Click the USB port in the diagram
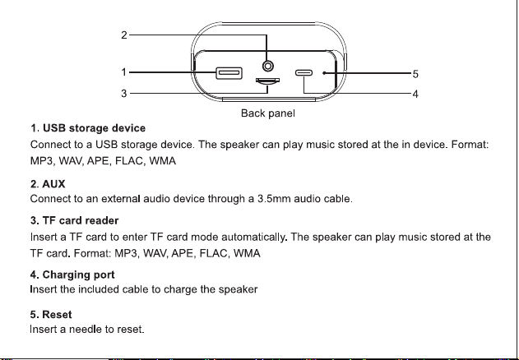pyautogui.click(x=229, y=73)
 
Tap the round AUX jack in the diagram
pyautogui.click(x=268, y=67)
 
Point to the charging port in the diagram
pyautogui.click(x=304, y=73)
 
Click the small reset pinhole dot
pyautogui.click(x=324, y=73)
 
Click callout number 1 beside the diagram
pyautogui.click(x=124, y=72)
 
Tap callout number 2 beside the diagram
pyautogui.click(x=124, y=35)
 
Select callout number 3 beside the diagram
pyautogui.click(x=124, y=94)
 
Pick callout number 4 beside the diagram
pyautogui.click(x=415, y=95)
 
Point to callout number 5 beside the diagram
pyautogui.click(x=415, y=74)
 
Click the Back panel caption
pyautogui.click(x=268, y=113)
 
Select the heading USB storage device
pyautogui.click(x=88, y=128)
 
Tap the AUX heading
pyautogui.click(x=48, y=184)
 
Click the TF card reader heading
pyautogui.click(x=74, y=221)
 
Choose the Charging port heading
pyautogui.click(x=72, y=275)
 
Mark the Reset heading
pyautogui.click(x=51, y=314)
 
